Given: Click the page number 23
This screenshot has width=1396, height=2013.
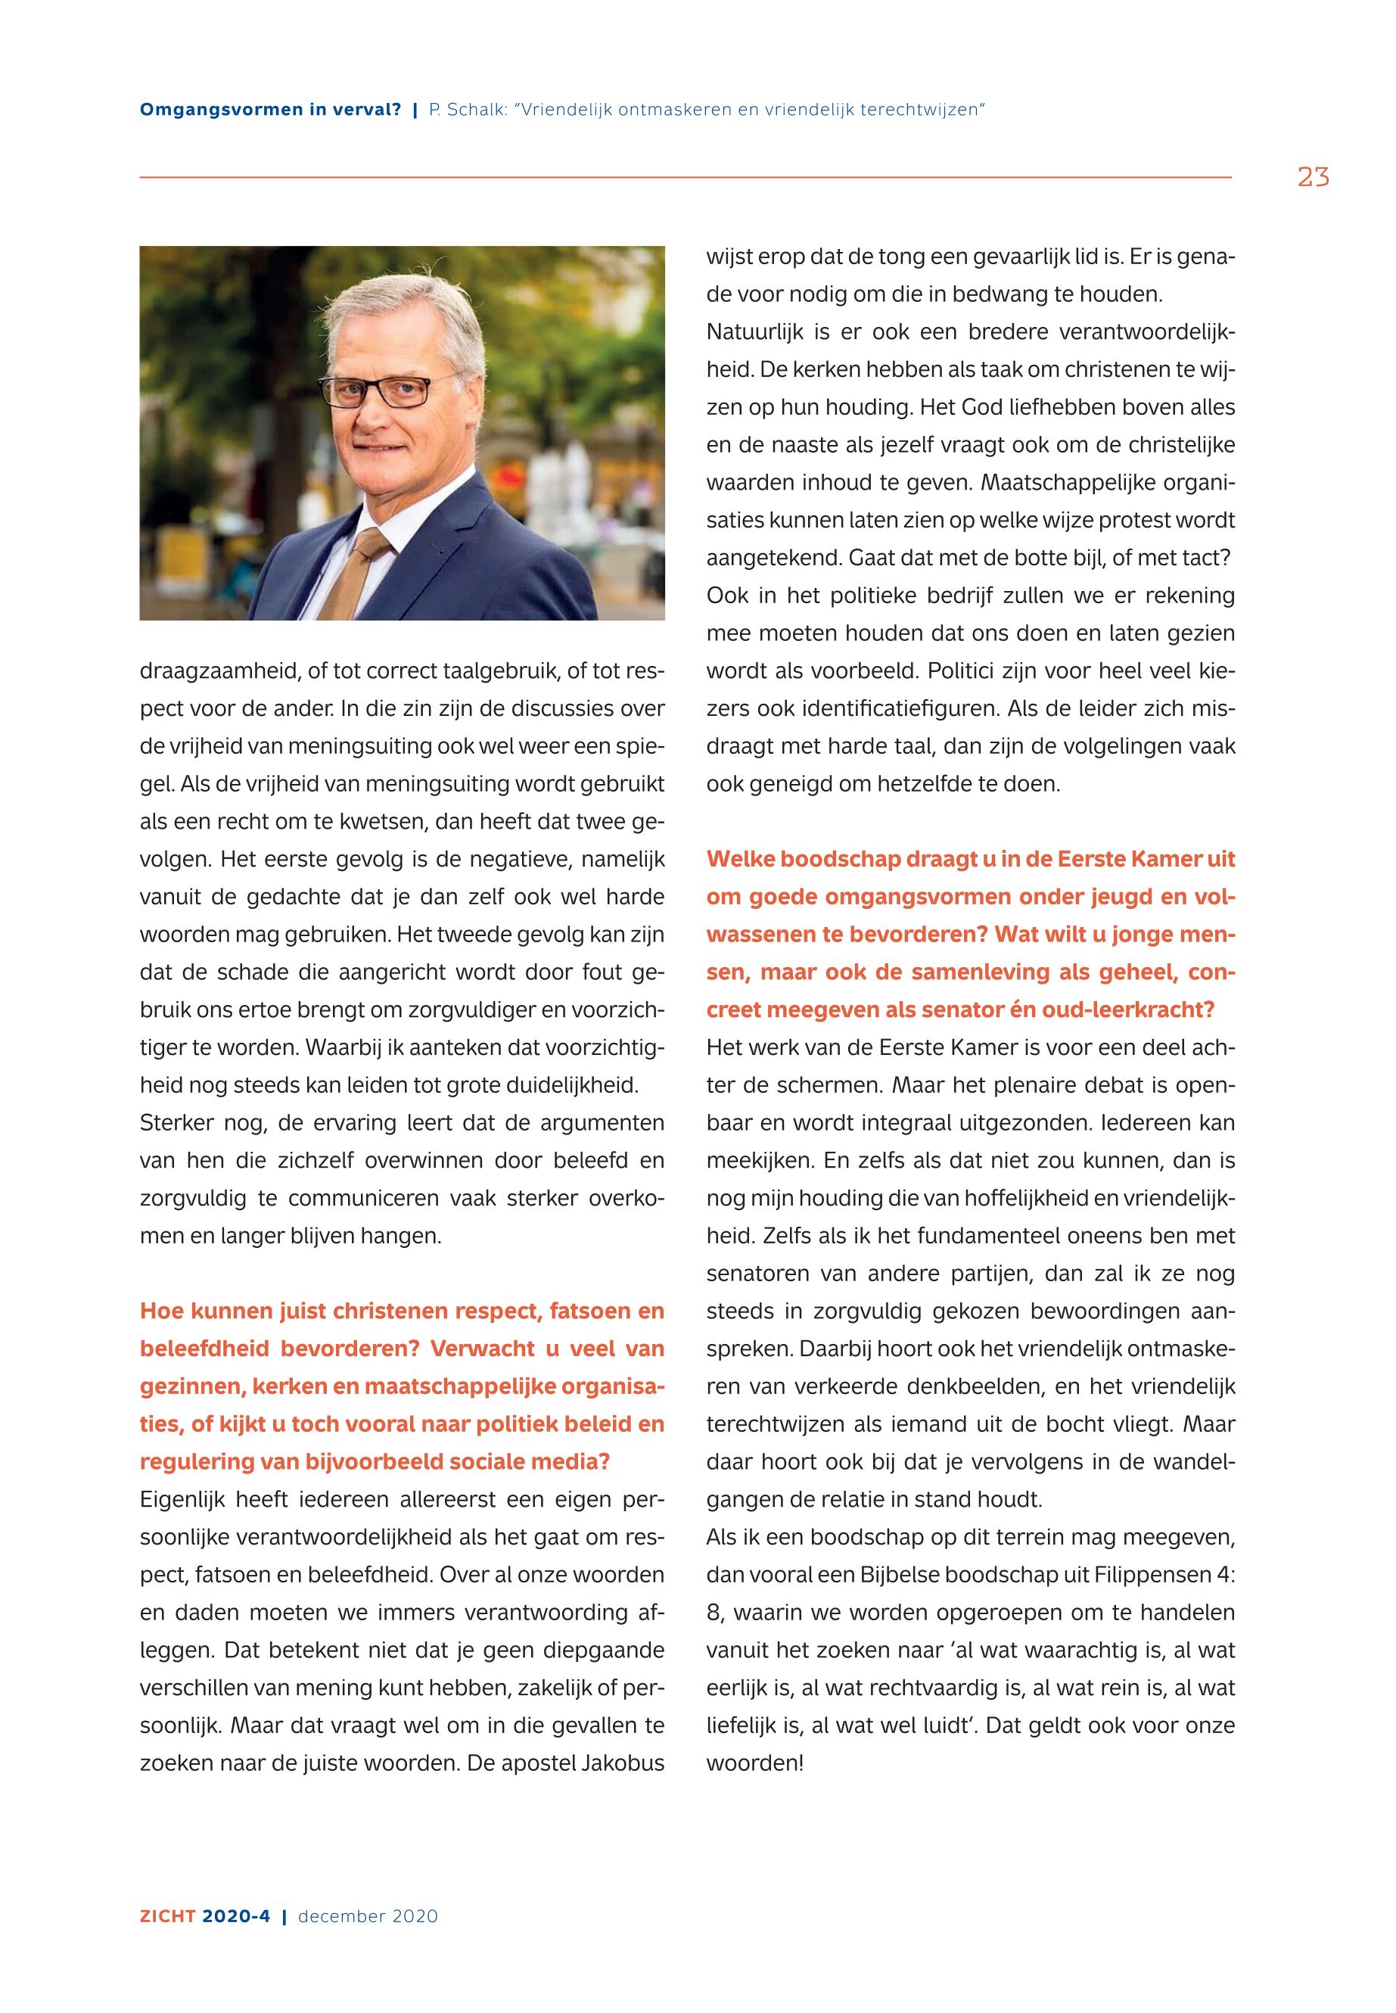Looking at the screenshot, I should (x=1313, y=178).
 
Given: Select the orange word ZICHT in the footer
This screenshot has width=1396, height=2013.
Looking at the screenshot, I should (x=167, y=1916).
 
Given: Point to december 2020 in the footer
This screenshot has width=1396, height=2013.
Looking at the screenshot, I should (x=368, y=1916).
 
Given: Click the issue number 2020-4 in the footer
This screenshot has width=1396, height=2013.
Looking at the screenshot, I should (x=236, y=1916).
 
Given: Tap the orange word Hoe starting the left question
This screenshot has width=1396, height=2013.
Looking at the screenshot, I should (x=162, y=1311).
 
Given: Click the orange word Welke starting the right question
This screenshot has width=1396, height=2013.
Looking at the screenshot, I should (x=739, y=859).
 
